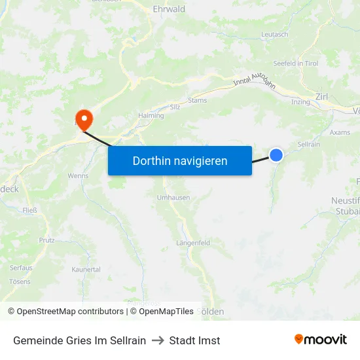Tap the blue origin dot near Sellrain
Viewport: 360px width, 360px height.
point(276,155)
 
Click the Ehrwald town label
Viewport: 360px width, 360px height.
point(169,9)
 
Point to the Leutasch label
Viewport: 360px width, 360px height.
point(274,34)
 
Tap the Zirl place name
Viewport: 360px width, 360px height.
point(321,96)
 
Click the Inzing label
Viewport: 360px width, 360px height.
point(301,101)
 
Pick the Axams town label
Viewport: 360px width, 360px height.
point(340,132)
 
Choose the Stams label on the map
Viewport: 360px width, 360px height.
point(197,100)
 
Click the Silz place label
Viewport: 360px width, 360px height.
point(174,106)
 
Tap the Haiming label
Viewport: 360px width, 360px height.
point(151,116)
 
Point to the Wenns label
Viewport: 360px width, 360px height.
point(78,176)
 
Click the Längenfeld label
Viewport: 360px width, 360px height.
point(193,243)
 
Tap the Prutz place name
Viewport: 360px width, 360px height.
point(46,240)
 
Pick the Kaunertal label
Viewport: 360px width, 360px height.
point(86,269)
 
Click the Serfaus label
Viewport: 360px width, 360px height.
point(20,268)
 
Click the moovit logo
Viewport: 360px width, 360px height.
point(321,340)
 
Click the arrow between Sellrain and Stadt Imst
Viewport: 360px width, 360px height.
point(158,340)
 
